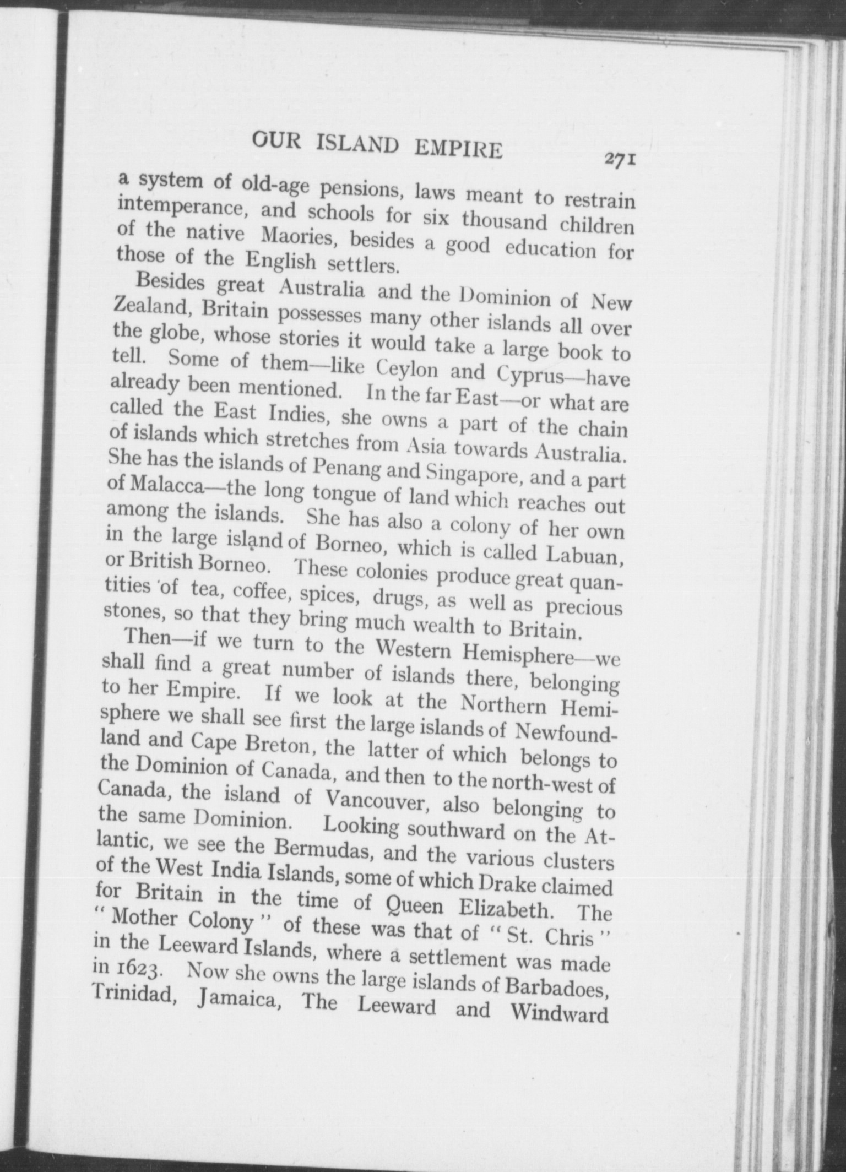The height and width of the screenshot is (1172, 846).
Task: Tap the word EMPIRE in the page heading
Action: click(458, 149)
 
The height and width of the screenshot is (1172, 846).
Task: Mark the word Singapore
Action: click(473, 474)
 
